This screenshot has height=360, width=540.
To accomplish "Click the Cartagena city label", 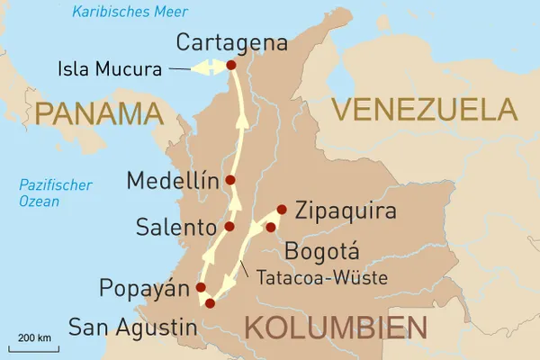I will tap(232, 42).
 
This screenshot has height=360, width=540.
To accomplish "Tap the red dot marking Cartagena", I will tap(230, 65).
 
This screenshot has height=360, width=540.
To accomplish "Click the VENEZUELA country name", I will tap(424, 109).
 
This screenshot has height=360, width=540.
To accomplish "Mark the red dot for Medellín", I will tap(230, 180).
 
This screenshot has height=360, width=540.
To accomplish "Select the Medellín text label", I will tap(173, 180).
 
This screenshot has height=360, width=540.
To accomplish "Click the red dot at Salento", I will tap(229, 226).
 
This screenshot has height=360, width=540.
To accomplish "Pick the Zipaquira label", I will tap(346, 212).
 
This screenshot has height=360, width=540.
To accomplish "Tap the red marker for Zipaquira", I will tap(281, 210).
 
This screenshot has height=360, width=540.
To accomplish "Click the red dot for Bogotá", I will tap(270, 227).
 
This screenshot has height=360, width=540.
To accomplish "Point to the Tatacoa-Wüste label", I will tap(319, 278).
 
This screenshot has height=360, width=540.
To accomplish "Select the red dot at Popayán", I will tap(202, 288).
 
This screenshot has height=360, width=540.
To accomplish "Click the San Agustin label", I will tap(131, 326).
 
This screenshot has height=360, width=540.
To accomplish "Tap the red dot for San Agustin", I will tap(210, 303).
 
